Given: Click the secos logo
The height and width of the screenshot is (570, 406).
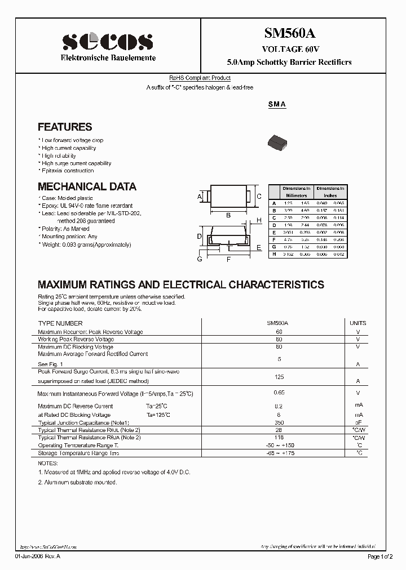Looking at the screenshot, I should coord(107,42).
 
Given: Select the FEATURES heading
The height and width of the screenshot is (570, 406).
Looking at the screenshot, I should coord(64,127).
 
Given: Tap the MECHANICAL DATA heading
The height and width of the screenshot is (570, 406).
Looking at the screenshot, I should coord(87,186).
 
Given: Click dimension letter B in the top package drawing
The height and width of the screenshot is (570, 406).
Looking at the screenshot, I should coord(228,215).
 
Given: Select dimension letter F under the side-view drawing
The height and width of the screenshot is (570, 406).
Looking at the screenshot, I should coord(228,260).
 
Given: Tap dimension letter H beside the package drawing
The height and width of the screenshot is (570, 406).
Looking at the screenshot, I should coord(259,220).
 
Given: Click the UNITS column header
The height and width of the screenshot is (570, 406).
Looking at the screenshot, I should coord(358,323).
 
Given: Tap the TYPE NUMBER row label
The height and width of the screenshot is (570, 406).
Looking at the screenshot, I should coord(60,323).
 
